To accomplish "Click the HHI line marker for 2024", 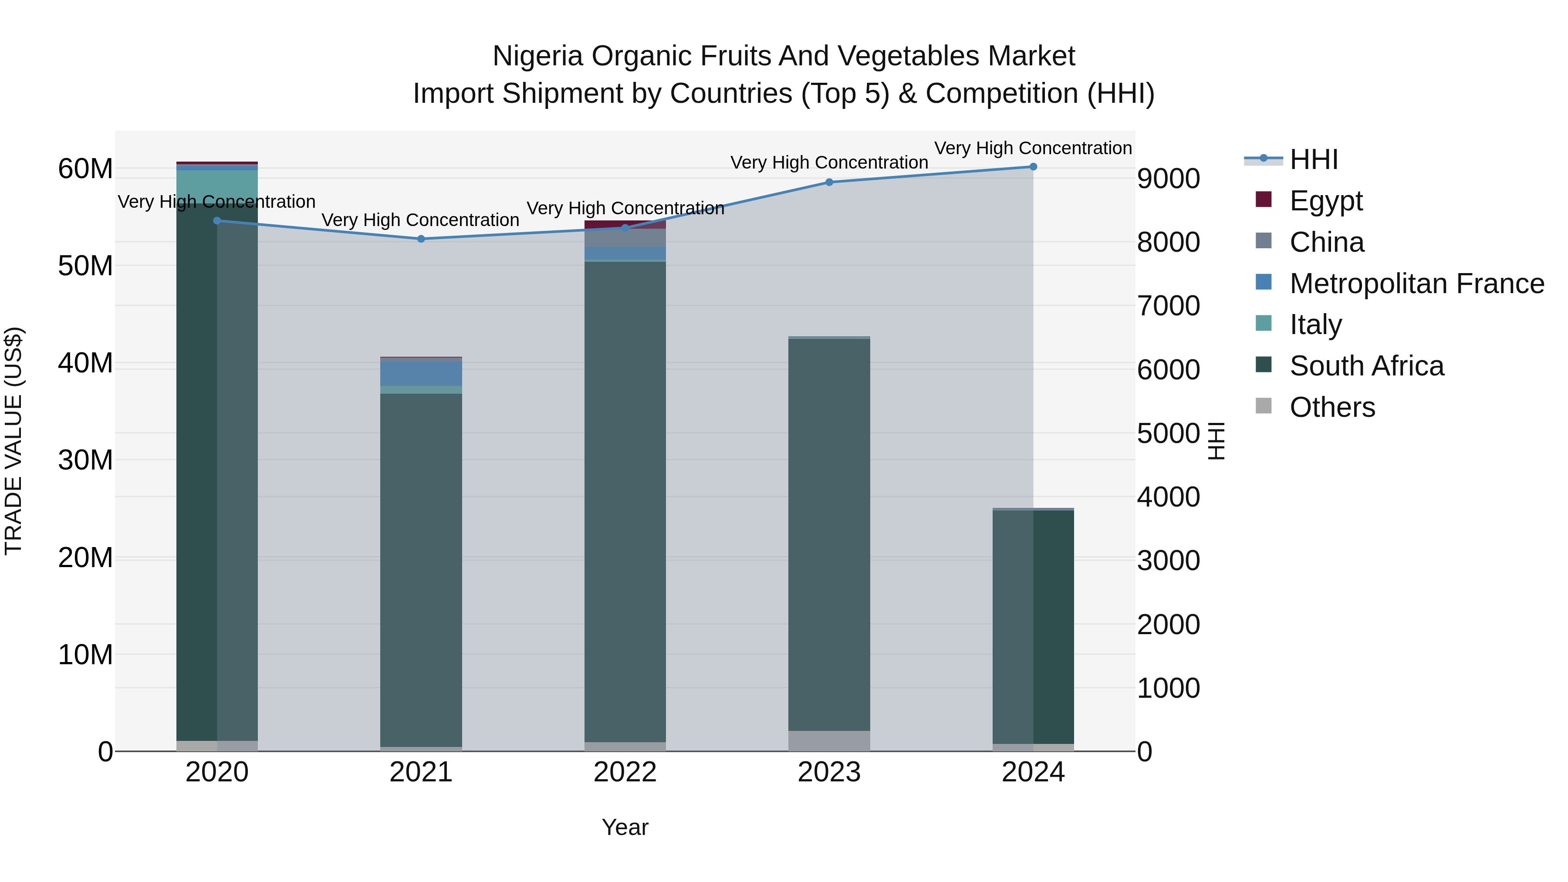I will point(1033,167).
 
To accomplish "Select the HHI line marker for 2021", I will point(421,239).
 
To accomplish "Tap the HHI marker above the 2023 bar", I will point(829,182).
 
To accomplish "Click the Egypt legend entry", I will point(1326,200).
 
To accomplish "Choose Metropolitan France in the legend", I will point(1416,283).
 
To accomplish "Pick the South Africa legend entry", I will point(1366,366).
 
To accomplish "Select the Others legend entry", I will point(1332,407).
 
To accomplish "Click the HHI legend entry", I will point(1314,159).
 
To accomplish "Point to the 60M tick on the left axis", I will point(85,169).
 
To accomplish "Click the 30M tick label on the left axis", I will point(85,460).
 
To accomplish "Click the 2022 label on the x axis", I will point(625,772).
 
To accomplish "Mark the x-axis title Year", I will point(625,827).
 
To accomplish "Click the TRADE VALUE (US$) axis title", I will point(14,441).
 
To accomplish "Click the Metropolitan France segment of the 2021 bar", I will point(421,374).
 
